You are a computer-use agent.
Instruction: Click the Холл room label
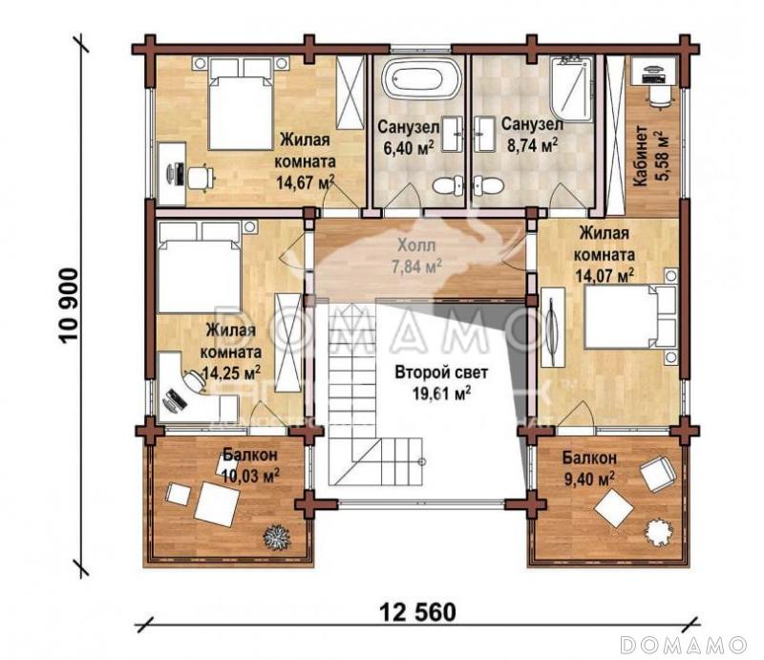(416, 244)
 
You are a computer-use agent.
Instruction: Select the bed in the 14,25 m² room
(198, 267)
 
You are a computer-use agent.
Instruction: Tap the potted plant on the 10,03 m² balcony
(277, 536)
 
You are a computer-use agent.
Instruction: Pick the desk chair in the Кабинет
(658, 96)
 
